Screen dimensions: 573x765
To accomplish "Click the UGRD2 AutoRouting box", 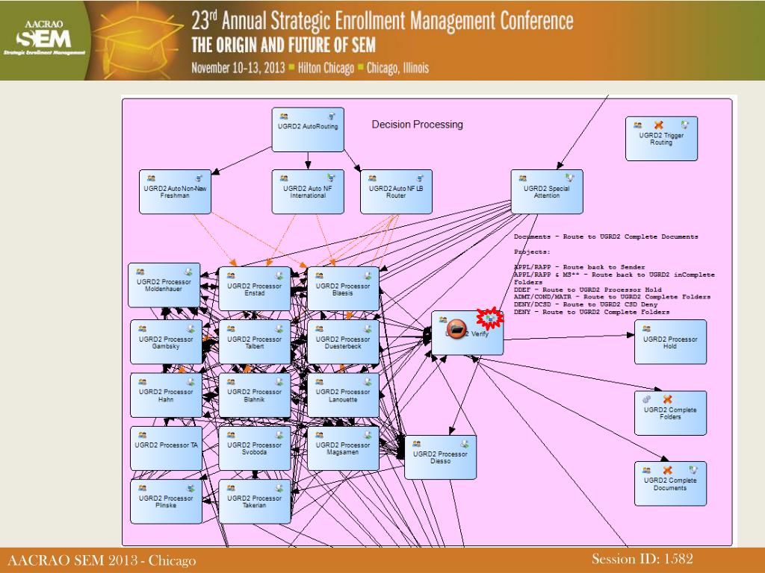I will point(307,129).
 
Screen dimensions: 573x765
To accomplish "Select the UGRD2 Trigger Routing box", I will point(660,139).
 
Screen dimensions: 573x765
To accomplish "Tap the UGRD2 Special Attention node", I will point(546,192).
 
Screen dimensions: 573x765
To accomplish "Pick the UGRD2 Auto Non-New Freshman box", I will point(175,192).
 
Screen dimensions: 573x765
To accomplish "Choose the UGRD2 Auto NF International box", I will point(306,192).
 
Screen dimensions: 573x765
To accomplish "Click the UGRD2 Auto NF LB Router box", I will point(395,192).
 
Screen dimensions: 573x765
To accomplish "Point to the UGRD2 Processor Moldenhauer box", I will point(164,285).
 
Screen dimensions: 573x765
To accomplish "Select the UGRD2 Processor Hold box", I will point(669,342).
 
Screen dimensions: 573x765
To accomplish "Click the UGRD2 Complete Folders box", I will point(669,413).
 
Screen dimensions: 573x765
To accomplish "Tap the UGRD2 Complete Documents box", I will point(669,483).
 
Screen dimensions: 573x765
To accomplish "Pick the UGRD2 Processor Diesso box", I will point(440,457).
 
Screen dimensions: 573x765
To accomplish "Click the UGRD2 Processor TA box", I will point(166,448).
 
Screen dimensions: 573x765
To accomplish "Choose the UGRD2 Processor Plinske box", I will point(166,501).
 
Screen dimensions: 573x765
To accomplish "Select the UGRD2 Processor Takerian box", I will point(255,501).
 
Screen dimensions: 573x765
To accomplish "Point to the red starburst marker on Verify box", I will point(490,319).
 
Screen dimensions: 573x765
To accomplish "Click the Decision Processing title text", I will point(417,125).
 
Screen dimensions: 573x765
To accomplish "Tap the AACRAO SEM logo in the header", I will point(45,40).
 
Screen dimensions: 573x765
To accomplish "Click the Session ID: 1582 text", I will point(642,559).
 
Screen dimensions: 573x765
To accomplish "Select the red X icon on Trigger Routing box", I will point(659,125).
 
